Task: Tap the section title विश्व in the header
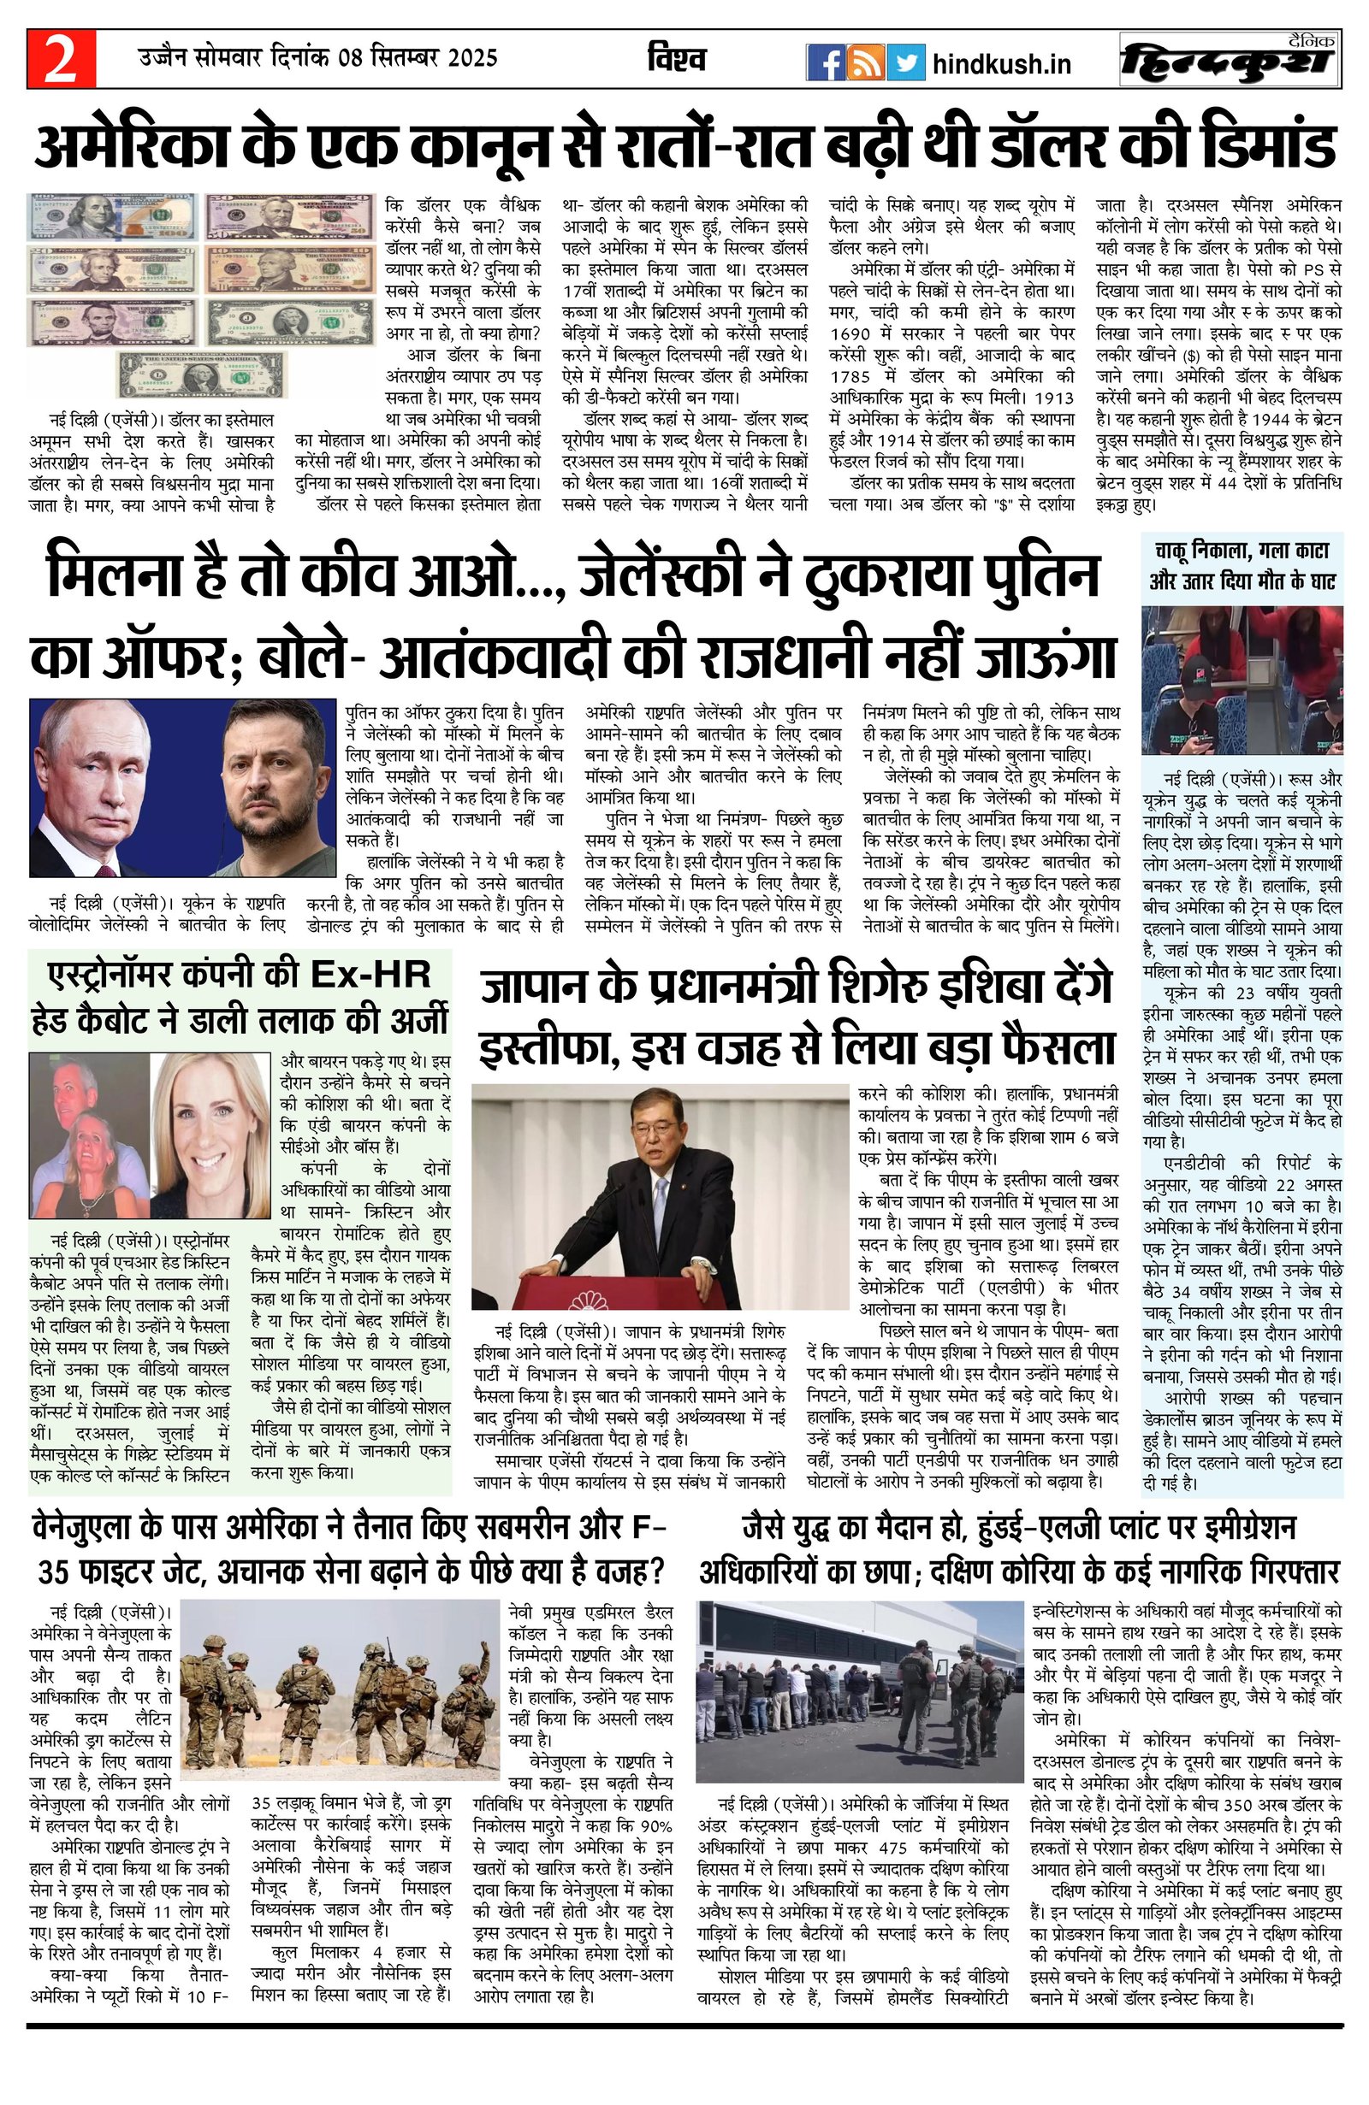[x=676, y=60]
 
